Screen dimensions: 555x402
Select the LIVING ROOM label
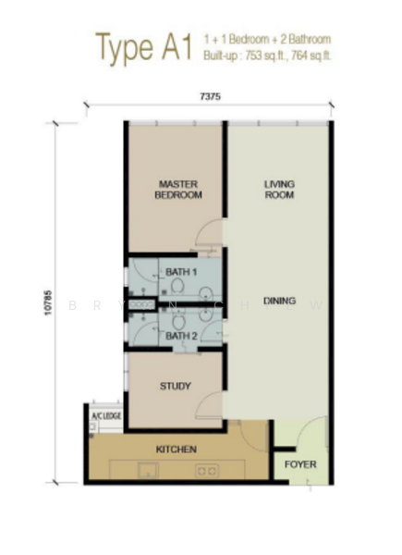[x=278, y=190]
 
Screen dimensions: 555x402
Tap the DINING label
[x=278, y=301]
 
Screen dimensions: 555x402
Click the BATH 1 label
[x=181, y=272]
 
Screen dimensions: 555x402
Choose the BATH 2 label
[x=181, y=336]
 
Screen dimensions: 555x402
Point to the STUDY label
[x=175, y=387]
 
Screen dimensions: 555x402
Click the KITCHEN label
[x=176, y=450]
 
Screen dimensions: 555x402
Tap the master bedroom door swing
[x=211, y=234]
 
